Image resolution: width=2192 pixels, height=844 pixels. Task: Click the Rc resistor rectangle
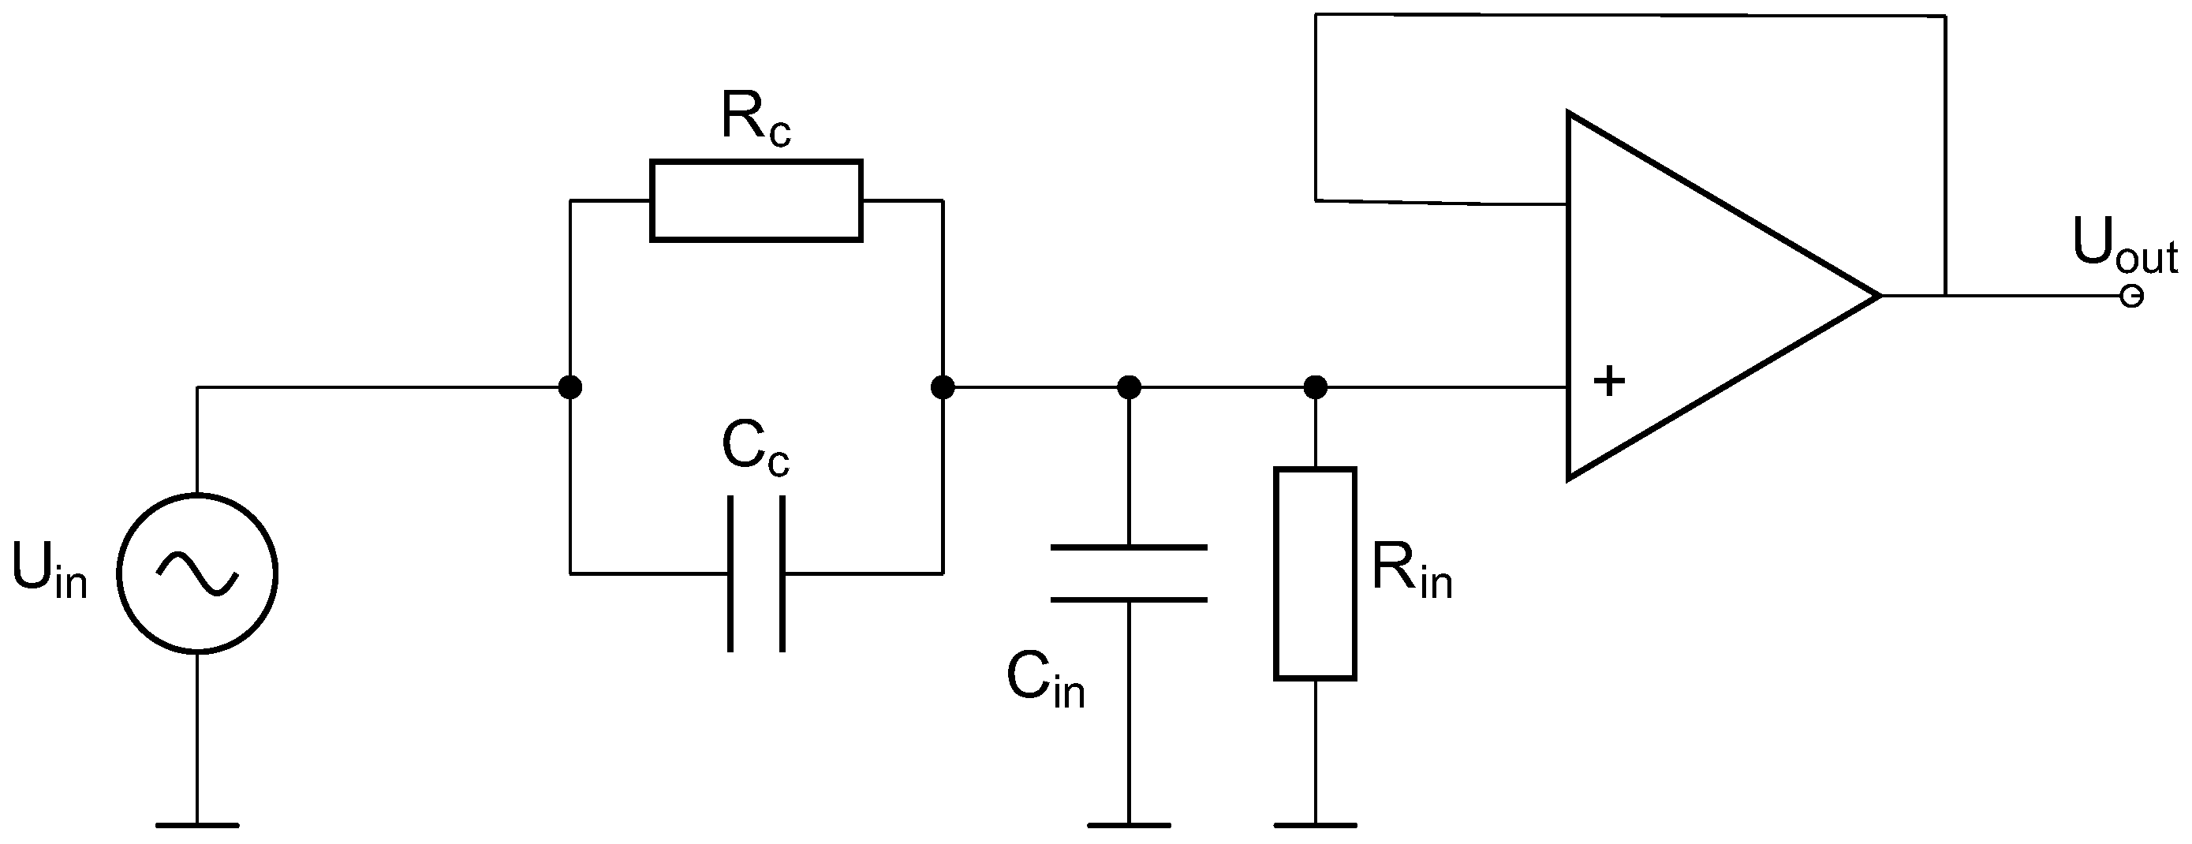click(756, 201)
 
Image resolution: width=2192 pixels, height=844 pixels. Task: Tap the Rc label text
click(756, 119)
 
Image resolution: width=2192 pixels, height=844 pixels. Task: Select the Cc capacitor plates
click(756, 574)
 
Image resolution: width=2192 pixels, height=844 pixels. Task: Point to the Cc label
click(756, 448)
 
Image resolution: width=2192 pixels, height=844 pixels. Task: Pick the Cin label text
click(1045, 681)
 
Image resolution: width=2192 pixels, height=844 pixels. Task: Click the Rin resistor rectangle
click(1315, 573)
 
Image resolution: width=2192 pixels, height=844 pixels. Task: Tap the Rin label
click(1412, 572)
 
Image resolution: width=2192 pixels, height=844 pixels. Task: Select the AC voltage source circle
click(197, 573)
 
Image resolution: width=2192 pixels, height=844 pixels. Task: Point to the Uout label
click(2124, 247)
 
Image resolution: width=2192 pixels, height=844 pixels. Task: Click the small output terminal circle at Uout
click(2131, 296)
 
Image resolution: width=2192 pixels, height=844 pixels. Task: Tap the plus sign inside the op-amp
click(1608, 381)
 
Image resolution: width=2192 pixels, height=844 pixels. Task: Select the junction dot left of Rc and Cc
click(570, 388)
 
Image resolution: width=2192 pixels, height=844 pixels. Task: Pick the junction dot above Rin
click(1315, 388)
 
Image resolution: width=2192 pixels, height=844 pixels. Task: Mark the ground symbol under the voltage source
click(197, 823)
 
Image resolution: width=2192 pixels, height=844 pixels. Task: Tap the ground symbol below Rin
click(1315, 823)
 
